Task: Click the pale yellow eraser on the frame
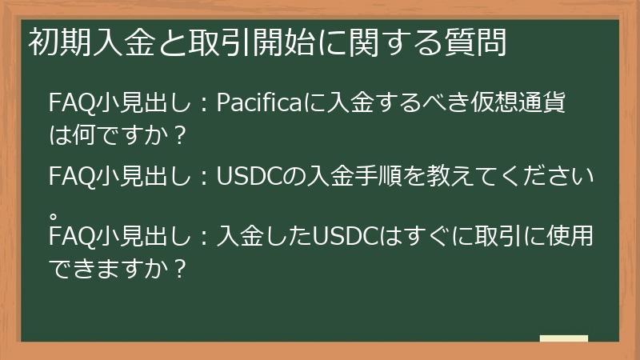[563, 339]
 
